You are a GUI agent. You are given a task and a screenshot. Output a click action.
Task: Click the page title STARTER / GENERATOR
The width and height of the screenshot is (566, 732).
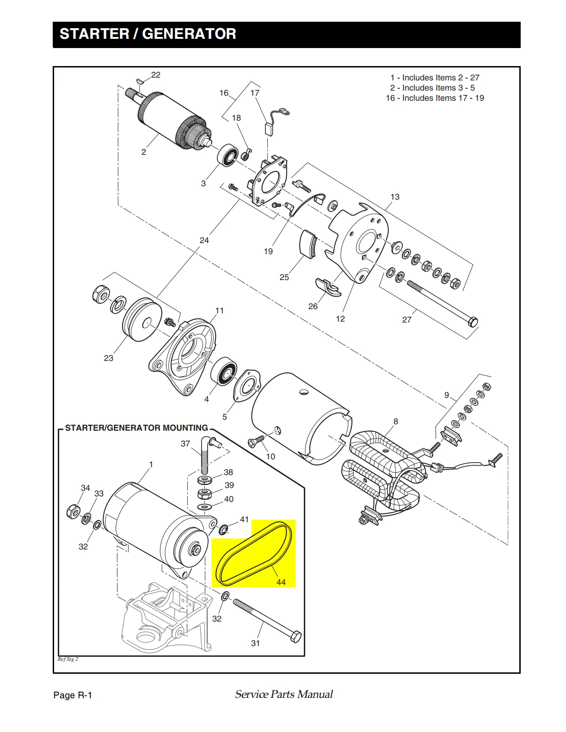click(148, 34)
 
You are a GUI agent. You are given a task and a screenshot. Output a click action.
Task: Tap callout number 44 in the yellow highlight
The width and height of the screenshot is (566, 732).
click(281, 582)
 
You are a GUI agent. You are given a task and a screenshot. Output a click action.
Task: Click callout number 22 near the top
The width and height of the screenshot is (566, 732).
click(156, 75)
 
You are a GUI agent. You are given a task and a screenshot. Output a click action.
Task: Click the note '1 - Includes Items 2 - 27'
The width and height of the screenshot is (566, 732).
click(435, 78)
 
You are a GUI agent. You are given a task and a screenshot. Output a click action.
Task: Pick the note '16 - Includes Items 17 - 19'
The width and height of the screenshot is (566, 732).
click(435, 98)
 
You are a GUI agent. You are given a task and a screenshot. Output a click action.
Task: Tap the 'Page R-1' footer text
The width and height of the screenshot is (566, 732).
click(73, 695)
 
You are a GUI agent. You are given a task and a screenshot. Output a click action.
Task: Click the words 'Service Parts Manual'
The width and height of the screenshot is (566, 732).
click(284, 694)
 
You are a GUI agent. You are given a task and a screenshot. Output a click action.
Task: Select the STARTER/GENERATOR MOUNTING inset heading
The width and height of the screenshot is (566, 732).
click(136, 428)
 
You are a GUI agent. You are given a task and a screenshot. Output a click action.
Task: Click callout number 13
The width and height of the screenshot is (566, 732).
click(395, 197)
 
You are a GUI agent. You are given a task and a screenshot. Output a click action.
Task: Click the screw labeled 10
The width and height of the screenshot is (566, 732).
click(256, 441)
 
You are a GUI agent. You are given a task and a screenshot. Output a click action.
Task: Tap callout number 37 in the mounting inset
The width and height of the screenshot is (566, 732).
click(185, 444)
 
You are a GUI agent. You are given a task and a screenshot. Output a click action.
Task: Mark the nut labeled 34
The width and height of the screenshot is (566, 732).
click(73, 511)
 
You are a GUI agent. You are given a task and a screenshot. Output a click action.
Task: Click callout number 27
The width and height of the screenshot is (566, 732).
click(406, 320)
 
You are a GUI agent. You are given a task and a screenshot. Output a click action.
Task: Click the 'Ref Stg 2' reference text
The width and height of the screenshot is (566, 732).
click(68, 659)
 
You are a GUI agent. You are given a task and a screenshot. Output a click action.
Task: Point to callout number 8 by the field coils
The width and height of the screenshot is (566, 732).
click(396, 421)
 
